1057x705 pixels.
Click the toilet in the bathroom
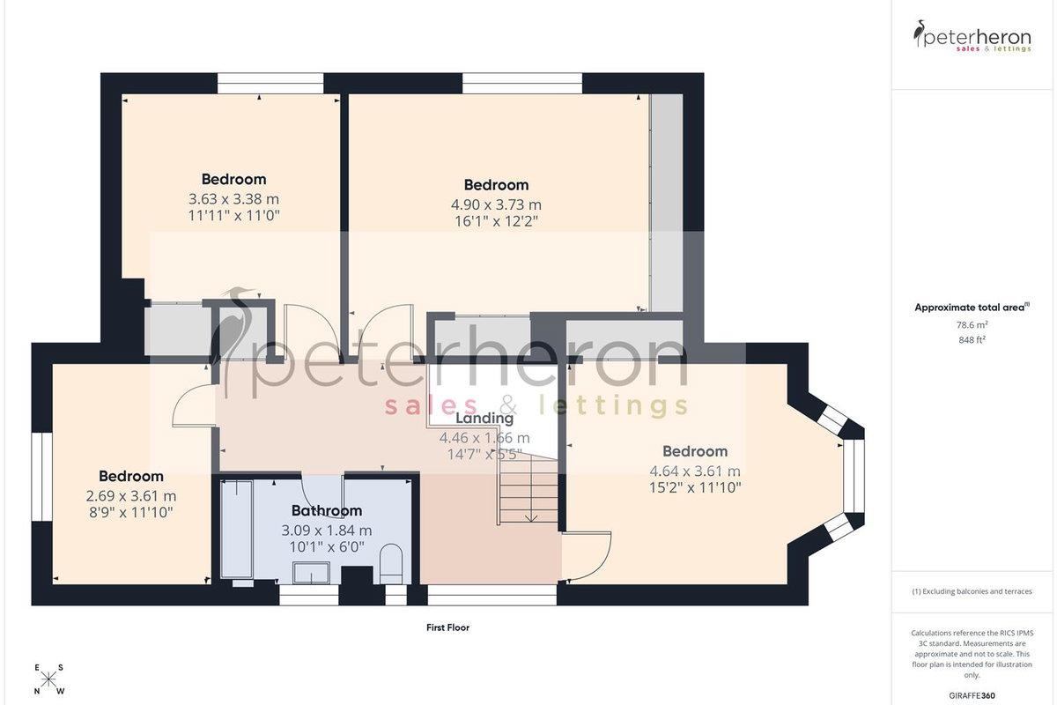[x=391, y=564]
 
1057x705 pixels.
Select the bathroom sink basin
[x=312, y=573]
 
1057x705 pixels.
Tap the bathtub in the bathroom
[x=237, y=529]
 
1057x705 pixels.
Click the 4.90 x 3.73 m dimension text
[x=496, y=204]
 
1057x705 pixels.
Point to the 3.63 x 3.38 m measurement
[x=233, y=199]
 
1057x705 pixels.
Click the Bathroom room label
[x=327, y=510]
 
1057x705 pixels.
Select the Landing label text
[x=484, y=418]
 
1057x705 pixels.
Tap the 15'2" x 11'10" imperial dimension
[x=695, y=487]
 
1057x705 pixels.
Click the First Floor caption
[x=447, y=627]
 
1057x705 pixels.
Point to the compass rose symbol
[x=48, y=680]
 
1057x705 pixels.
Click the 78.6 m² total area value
[x=972, y=325]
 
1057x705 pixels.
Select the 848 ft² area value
[x=972, y=339]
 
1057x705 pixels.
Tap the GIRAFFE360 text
[x=972, y=695]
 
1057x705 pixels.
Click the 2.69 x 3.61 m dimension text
[x=131, y=496]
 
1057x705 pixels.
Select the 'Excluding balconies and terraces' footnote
[x=972, y=591]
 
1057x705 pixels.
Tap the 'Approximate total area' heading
[x=972, y=308]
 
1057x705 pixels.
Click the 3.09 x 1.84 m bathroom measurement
[x=327, y=531]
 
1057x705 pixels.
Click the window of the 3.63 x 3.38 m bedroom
[x=270, y=83]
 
